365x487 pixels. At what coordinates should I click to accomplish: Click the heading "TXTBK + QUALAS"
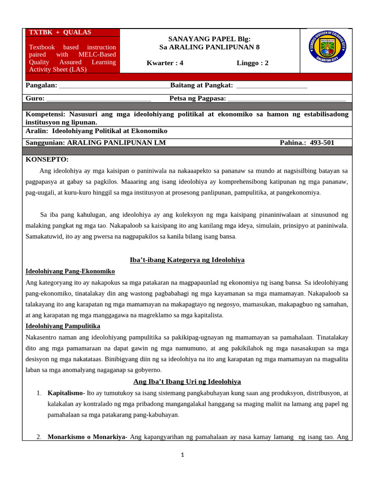point(60,32)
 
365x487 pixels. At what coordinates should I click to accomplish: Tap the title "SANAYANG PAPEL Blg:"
point(209,39)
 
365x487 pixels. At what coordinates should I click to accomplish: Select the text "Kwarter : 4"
point(165,63)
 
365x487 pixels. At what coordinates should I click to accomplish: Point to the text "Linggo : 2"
point(252,63)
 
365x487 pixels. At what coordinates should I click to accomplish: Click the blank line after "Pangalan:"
point(114,86)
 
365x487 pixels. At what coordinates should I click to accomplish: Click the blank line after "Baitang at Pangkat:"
point(271,86)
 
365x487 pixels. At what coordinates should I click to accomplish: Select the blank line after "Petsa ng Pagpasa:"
point(287,98)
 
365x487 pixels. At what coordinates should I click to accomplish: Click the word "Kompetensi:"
point(46,114)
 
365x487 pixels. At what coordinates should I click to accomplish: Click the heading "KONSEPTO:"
point(47,159)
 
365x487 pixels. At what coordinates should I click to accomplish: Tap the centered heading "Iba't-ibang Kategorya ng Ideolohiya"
point(187,260)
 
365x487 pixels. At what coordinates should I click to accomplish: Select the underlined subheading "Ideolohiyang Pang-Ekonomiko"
point(70,271)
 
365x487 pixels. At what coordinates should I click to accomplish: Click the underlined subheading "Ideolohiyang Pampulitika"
point(63,326)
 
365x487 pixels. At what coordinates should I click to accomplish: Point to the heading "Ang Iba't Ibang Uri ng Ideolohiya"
point(187,381)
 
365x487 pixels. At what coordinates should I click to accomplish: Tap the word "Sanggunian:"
point(45,143)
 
